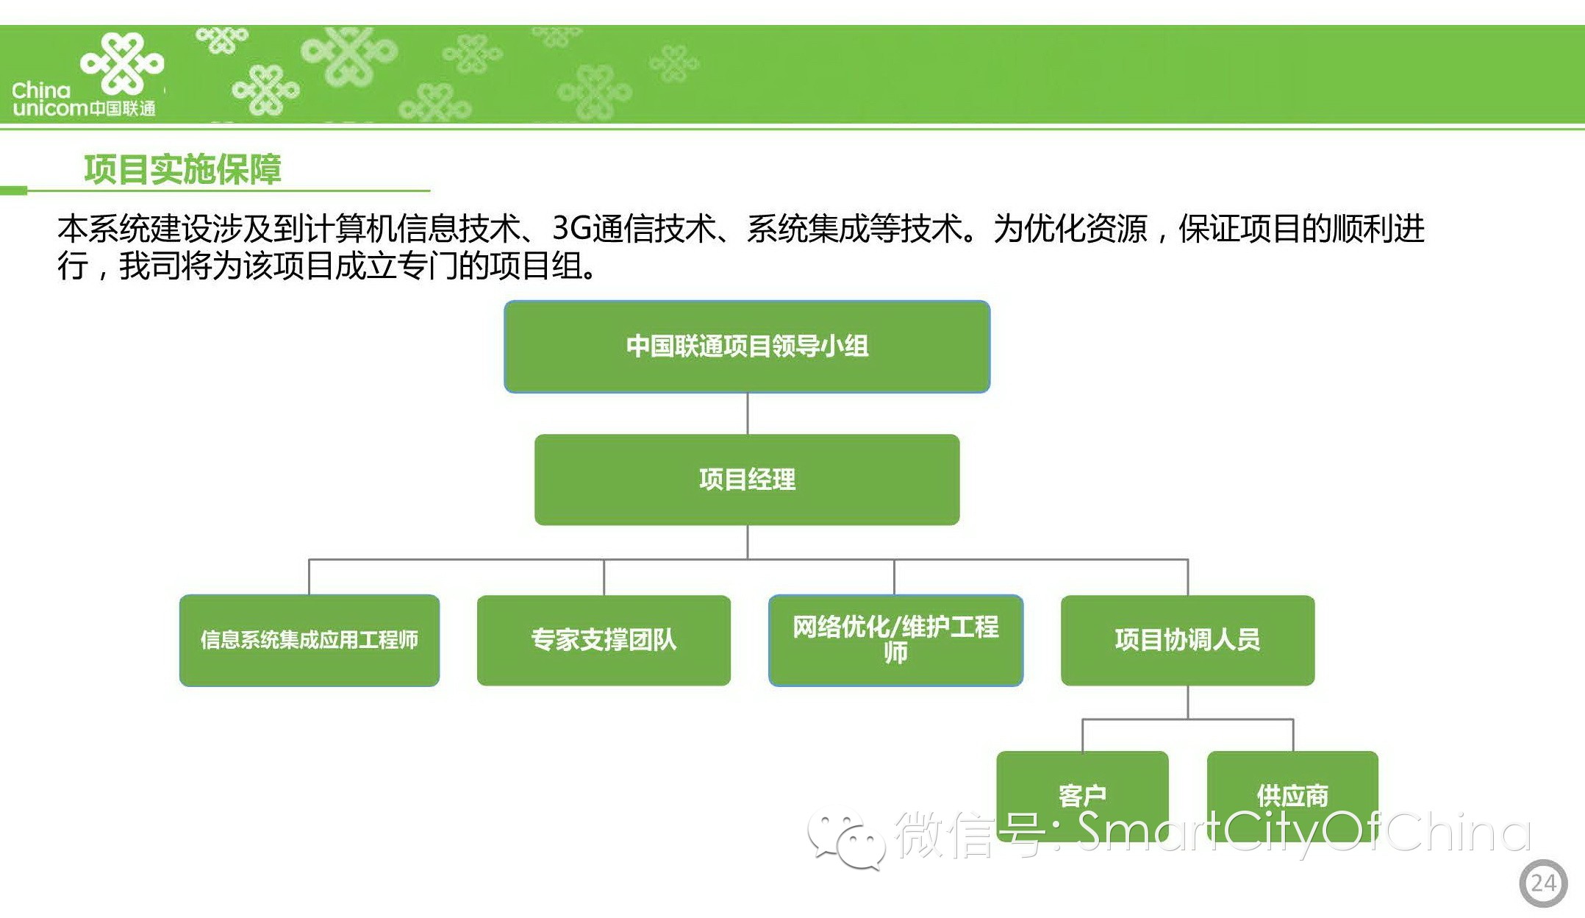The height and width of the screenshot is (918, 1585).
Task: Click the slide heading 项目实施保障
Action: point(182,169)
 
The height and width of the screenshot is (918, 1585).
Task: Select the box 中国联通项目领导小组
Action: point(747,346)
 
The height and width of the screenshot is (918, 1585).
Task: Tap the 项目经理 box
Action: point(747,480)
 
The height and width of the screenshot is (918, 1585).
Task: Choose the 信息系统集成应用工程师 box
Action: point(310,640)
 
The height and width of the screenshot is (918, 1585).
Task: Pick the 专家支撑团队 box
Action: point(604,640)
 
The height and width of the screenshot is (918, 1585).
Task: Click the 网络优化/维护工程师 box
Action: point(895,640)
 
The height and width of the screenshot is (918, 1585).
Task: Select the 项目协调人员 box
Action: point(1187,640)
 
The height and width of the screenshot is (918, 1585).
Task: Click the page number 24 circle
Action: point(1543,883)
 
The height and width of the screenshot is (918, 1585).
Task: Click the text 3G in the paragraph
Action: point(572,229)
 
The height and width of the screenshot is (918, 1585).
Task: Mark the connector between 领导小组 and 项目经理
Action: point(748,413)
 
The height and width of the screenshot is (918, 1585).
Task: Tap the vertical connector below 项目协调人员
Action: point(1188,702)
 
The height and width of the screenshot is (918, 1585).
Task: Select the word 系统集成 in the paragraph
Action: point(808,229)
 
